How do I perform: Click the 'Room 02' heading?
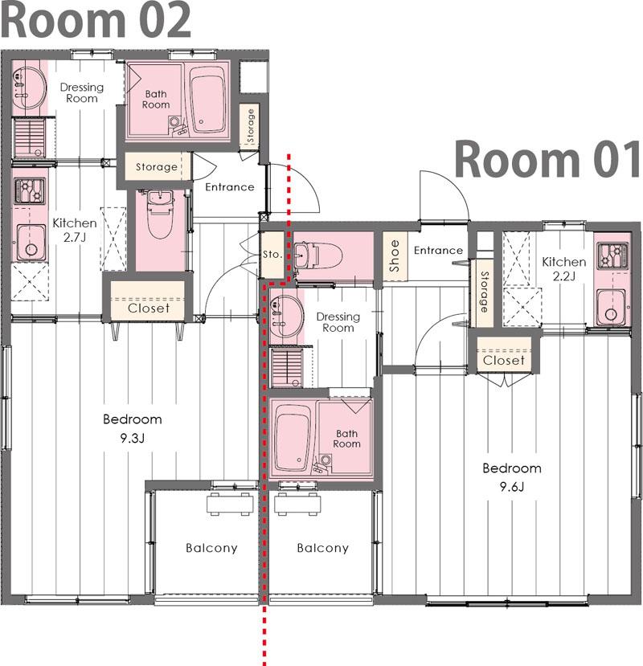click(x=96, y=19)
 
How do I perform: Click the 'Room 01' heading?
click(x=547, y=160)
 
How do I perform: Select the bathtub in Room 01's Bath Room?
click(x=293, y=438)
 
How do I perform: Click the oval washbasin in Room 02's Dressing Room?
click(x=28, y=88)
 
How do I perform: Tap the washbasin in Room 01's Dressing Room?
click(x=286, y=316)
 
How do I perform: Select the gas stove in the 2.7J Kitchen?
click(x=29, y=190)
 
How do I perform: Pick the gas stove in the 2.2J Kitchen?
click(x=612, y=255)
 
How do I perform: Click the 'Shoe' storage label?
click(x=395, y=256)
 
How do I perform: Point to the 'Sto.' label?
click(x=272, y=255)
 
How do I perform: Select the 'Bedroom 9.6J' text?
click(x=512, y=477)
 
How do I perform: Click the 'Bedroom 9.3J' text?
click(x=133, y=428)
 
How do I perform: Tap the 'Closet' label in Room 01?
click(x=504, y=361)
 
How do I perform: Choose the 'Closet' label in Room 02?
click(x=149, y=308)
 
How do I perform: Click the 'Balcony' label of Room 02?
click(x=211, y=548)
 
